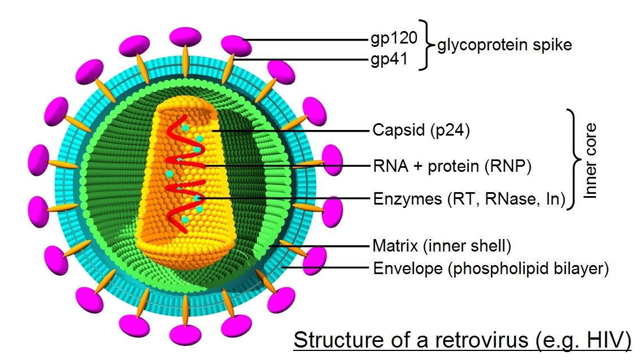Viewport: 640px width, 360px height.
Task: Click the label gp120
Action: tap(393, 38)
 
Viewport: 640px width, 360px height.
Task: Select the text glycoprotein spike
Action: tap(504, 45)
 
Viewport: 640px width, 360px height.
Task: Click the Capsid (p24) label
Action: tap(421, 131)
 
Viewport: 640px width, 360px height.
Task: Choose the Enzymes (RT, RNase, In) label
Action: tap(469, 199)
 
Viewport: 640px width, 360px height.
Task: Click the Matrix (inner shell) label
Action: tap(442, 246)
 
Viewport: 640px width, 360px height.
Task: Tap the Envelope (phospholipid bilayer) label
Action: tap(491, 268)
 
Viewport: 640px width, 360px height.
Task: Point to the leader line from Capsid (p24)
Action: tap(294, 131)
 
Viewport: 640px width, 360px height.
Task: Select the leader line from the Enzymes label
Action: tap(282, 199)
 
